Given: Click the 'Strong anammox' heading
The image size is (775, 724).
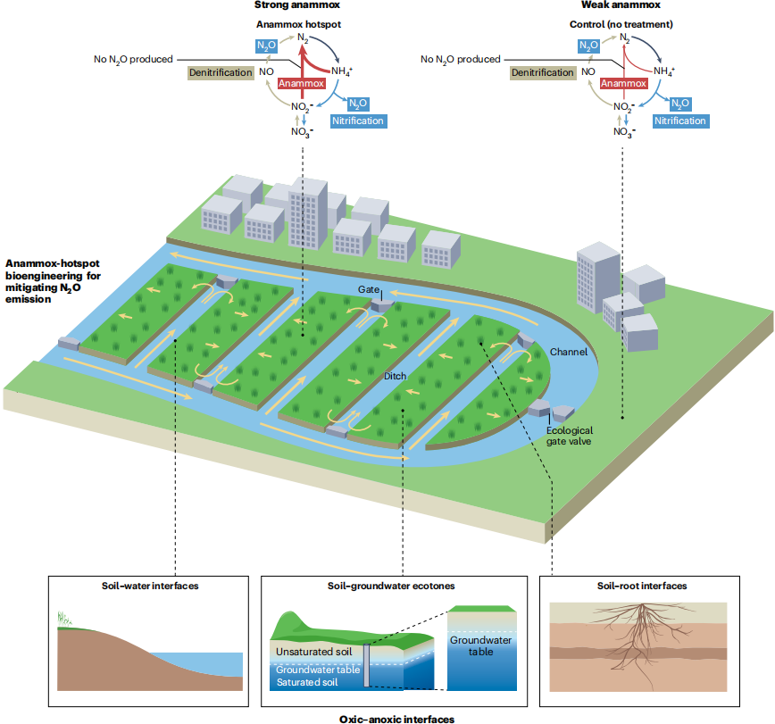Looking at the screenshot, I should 291,6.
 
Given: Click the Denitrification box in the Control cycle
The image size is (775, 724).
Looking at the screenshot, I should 541,72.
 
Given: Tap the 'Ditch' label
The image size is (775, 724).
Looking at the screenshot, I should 395,376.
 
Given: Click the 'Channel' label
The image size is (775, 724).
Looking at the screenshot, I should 568,352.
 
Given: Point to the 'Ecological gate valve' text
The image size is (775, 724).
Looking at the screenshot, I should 569,436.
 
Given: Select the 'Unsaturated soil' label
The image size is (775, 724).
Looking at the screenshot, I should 312,652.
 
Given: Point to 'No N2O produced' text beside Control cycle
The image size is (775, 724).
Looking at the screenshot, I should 460,60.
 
